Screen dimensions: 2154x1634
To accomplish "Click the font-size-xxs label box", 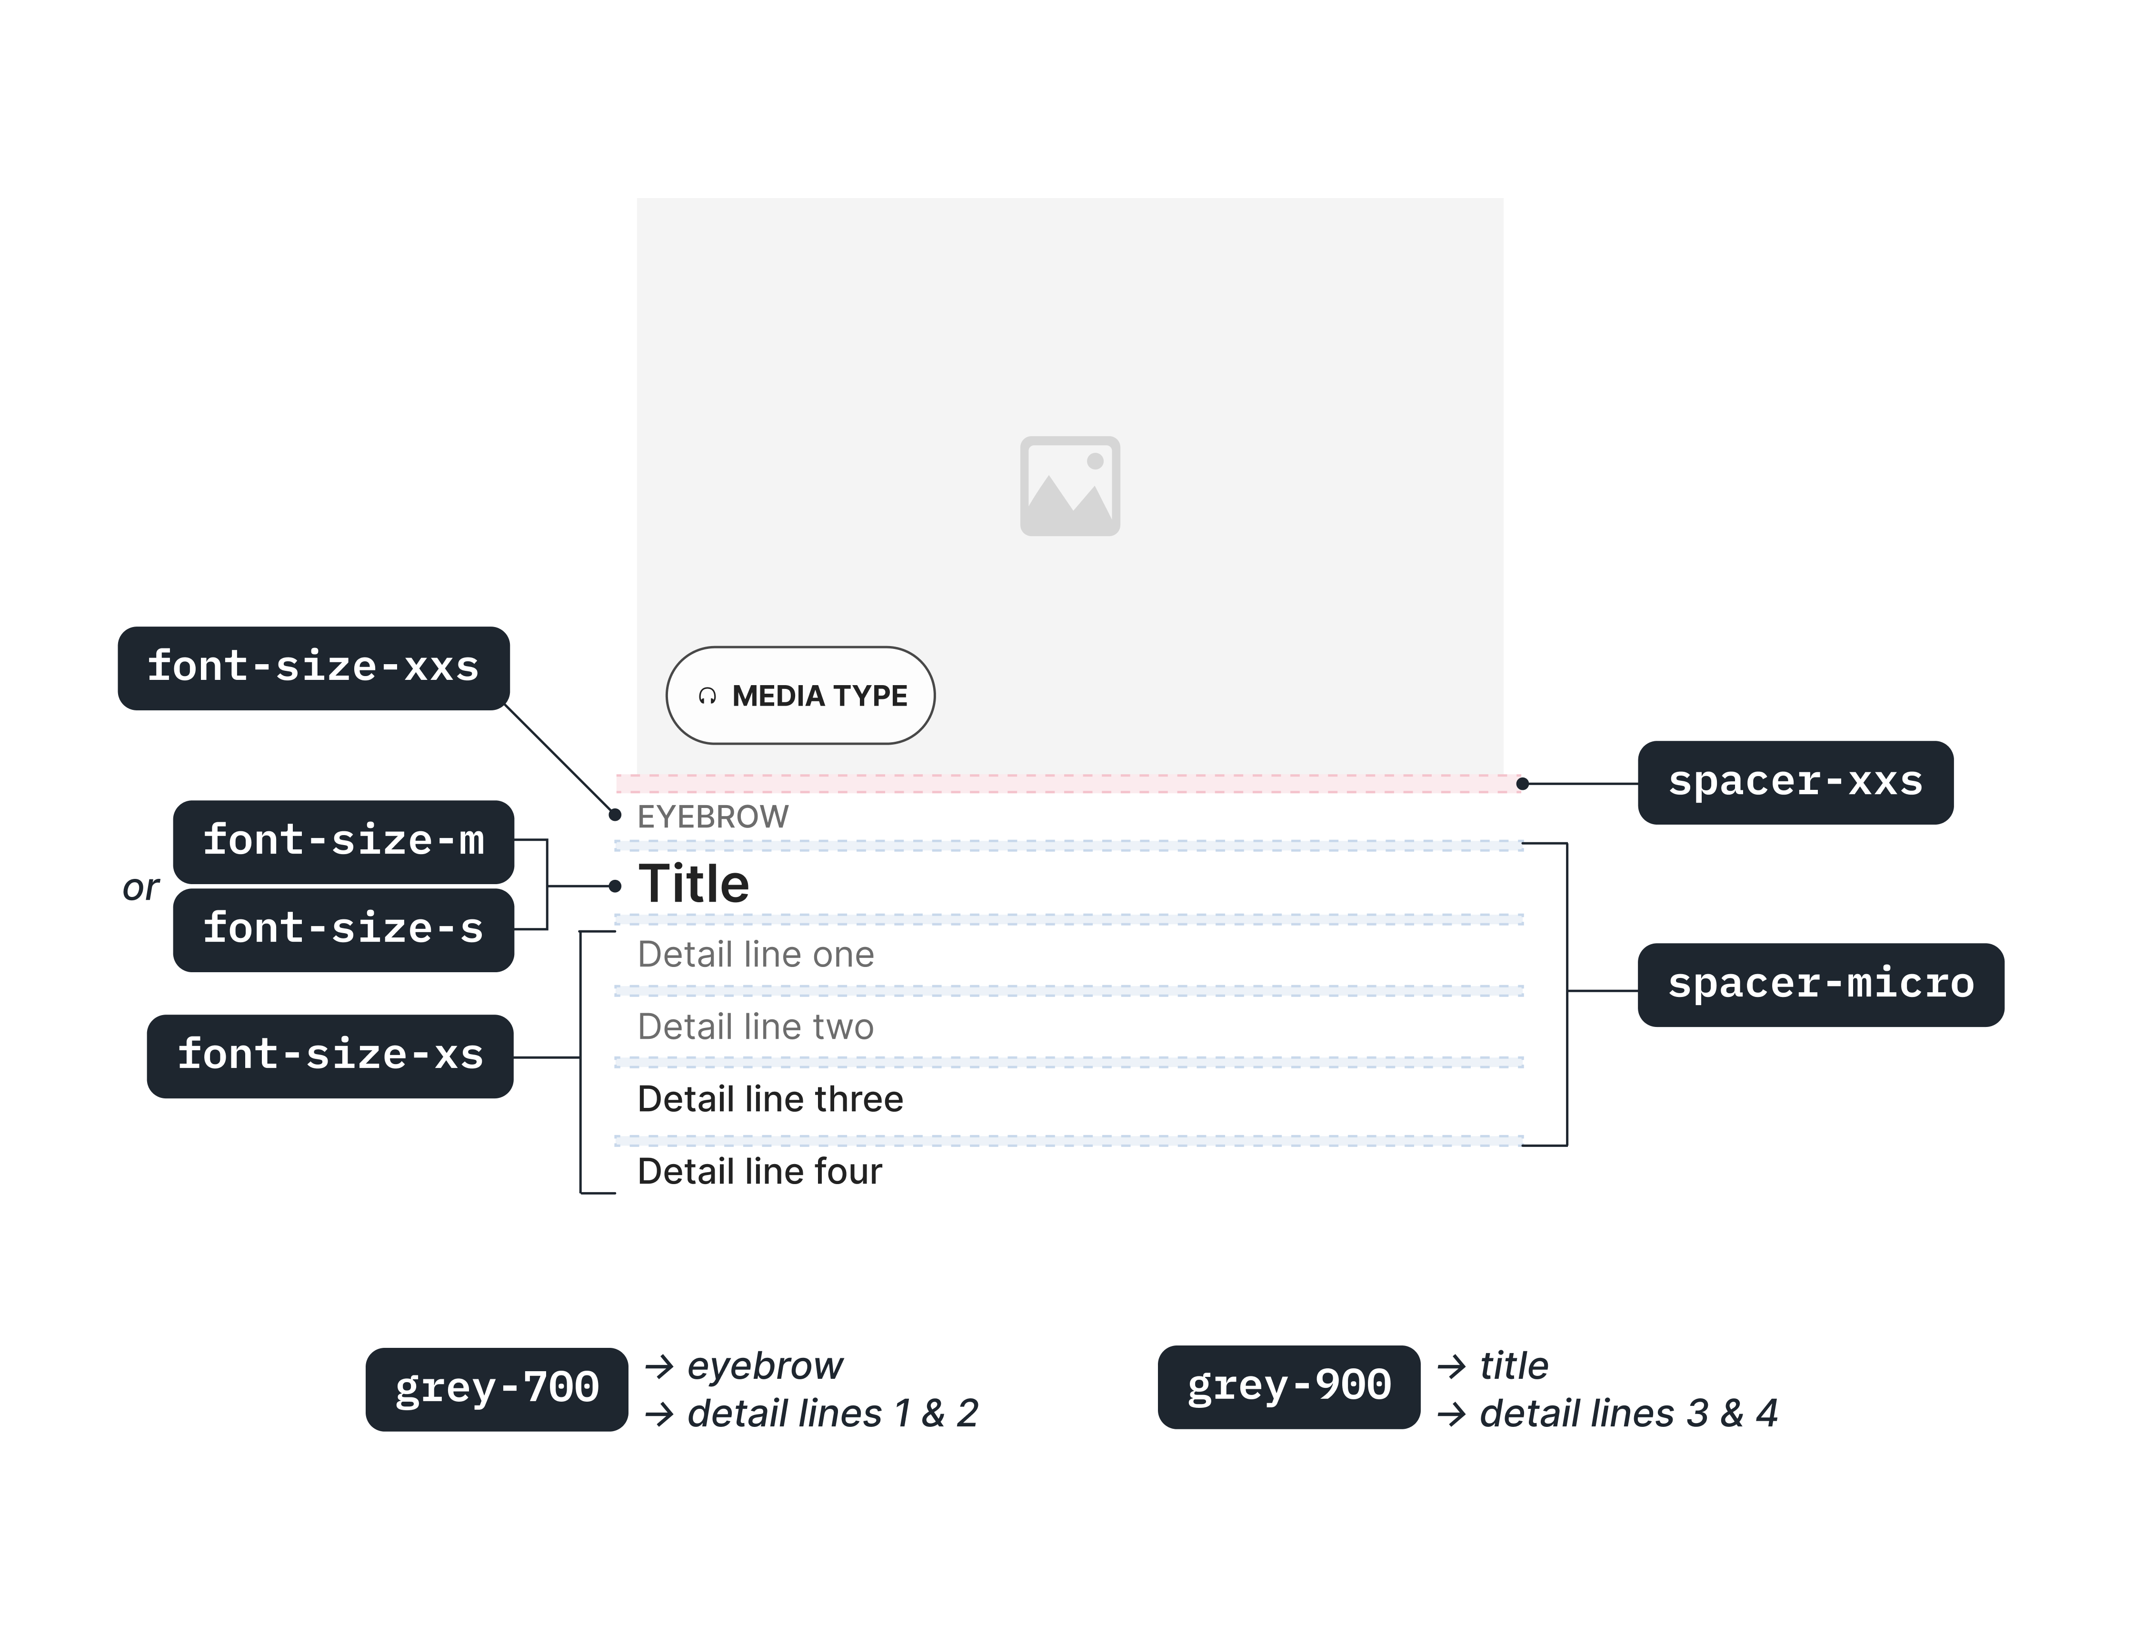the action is (314, 668).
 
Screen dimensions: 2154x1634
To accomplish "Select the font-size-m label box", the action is (344, 841).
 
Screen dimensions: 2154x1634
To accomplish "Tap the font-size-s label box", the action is (344, 929).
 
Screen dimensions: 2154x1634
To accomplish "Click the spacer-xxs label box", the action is (1795, 782).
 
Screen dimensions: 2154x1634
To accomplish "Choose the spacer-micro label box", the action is (1821, 985).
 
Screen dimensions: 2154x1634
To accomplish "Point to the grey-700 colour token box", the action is (497, 1389).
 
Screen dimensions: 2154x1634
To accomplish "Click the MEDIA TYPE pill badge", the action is (800, 695).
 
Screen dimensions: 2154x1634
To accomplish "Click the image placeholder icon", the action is (1070, 486).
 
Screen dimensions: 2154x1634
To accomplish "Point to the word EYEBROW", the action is (713, 817).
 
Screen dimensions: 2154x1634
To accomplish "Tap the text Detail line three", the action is (770, 1099).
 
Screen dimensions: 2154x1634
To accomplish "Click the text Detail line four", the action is (759, 1171).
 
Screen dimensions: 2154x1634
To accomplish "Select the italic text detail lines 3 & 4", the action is (1628, 1413).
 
